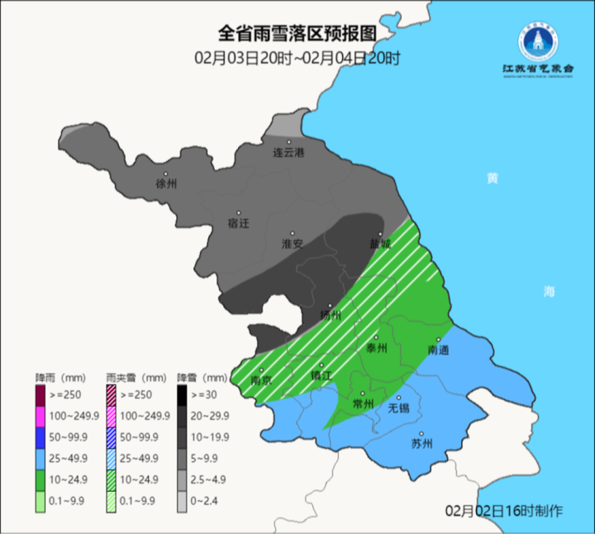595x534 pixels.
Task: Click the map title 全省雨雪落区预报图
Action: (297, 34)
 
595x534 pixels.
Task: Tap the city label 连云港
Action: (288, 153)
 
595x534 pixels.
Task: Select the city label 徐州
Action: (166, 184)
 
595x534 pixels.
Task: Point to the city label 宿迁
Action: (238, 222)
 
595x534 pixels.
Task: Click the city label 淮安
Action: (293, 244)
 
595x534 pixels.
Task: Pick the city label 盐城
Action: (380, 244)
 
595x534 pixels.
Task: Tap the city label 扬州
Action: (330, 315)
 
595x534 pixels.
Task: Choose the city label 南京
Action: (261, 380)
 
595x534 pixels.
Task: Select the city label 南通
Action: (438, 350)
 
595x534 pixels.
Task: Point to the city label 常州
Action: (363, 403)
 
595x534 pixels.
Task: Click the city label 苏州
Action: (421, 443)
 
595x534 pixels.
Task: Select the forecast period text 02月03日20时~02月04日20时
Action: (297, 58)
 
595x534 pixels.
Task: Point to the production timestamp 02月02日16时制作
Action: (503, 510)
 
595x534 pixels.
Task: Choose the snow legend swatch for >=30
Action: (183, 393)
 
